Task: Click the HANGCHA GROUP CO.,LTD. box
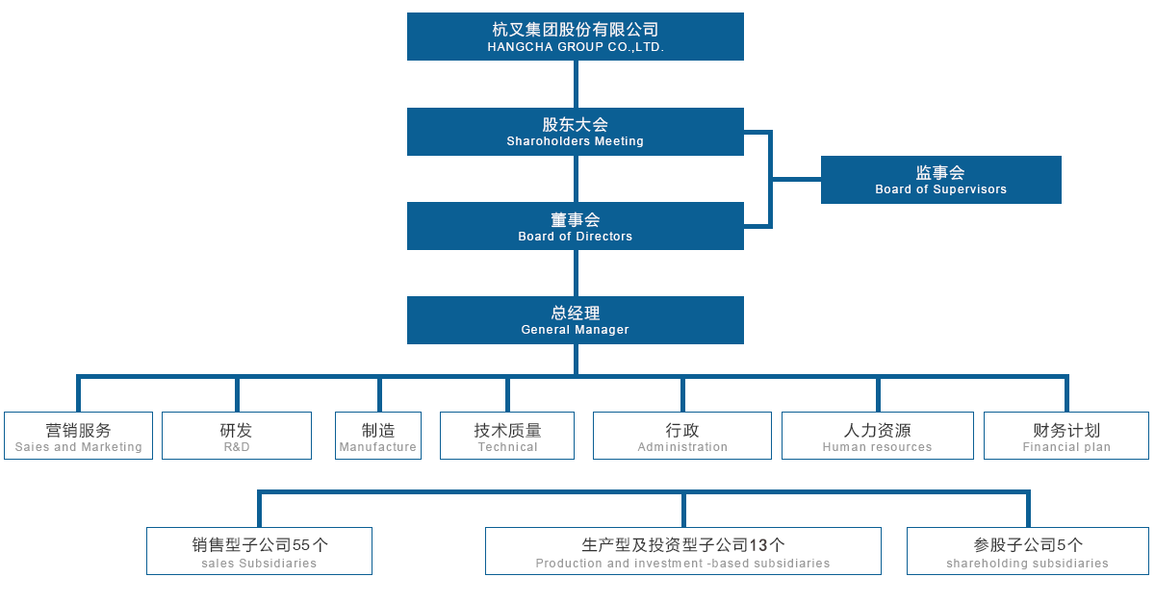[x=575, y=37]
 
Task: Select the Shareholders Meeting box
[x=575, y=131]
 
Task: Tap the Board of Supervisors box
[x=940, y=179]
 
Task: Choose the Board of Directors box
[x=575, y=225]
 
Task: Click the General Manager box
[x=575, y=319]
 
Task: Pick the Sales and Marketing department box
[x=78, y=437]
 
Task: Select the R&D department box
[x=237, y=437]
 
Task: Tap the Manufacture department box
[x=378, y=437]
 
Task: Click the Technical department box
[x=507, y=437]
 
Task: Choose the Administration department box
[x=682, y=437]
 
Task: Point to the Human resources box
[x=877, y=437]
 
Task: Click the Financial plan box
[x=1066, y=437]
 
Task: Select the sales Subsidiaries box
[x=259, y=552]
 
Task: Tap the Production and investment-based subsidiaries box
[x=683, y=552]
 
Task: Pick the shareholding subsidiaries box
[x=1027, y=552]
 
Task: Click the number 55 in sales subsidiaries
[x=302, y=545]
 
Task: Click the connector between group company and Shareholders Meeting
[x=575, y=84]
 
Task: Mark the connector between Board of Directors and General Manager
[x=575, y=272]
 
